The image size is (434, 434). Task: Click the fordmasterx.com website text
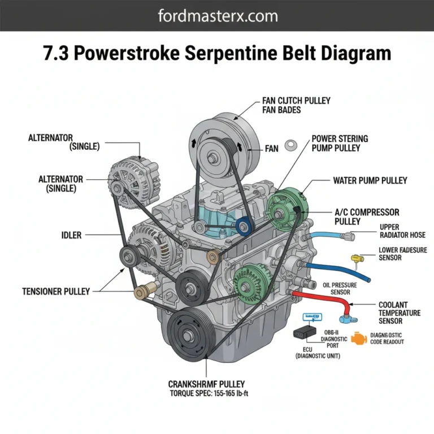217,15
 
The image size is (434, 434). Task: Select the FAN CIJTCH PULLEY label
296,101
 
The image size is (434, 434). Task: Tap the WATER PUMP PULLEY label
370,181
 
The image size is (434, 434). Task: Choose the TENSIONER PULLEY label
56,292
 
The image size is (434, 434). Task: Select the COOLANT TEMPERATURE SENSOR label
399,313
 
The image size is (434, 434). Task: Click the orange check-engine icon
358,338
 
